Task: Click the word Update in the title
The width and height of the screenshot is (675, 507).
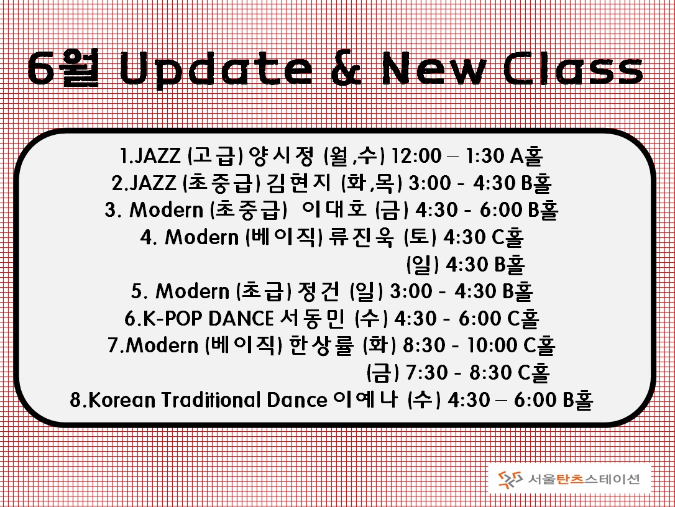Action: point(216,70)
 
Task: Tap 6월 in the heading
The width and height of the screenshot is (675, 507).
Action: point(64,68)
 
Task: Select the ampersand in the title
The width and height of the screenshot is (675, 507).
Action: point(347,68)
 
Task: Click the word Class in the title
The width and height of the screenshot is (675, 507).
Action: point(573,68)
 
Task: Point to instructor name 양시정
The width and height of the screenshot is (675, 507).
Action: point(282,156)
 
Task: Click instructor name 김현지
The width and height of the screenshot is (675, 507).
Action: point(299,183)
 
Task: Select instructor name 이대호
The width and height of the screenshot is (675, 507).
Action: point(334,209)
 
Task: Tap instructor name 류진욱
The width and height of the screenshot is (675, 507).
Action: point(361,237)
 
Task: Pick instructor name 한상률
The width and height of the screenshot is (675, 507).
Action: point(321,345)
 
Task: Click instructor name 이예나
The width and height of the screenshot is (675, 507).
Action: point(365,400)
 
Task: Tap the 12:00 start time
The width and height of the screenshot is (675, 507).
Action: point(416,156)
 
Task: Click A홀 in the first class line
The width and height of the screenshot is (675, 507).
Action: point(526,156)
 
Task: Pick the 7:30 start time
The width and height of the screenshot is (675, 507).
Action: point(427,373)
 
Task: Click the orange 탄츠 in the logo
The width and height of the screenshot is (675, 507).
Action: point(569,479)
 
